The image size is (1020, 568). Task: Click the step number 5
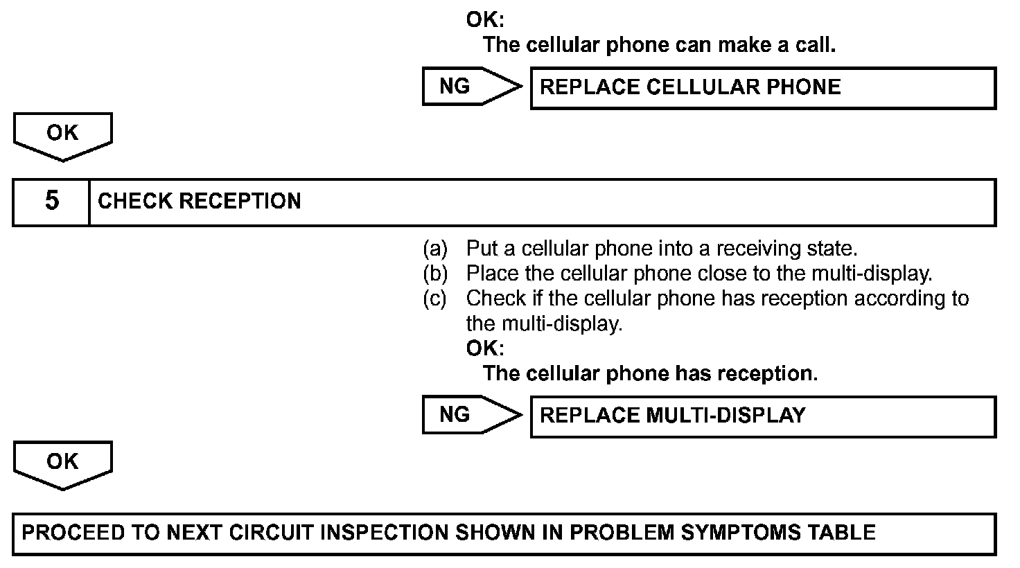click(x=52, y=202)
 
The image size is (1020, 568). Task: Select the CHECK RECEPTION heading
click(x=200, y=202)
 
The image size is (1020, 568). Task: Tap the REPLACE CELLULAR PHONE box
click(x=762, y=87)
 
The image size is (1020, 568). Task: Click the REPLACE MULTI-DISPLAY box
click(x=762, y=416)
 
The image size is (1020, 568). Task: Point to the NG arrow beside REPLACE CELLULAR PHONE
click(x=471, y=87)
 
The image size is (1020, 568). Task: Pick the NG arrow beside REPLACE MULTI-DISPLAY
click(x=471, y=415)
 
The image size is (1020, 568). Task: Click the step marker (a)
click(x=436, y=248)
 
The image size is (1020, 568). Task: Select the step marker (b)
click(x=436, y=274)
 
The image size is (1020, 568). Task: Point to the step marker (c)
click(x=436, y=299)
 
